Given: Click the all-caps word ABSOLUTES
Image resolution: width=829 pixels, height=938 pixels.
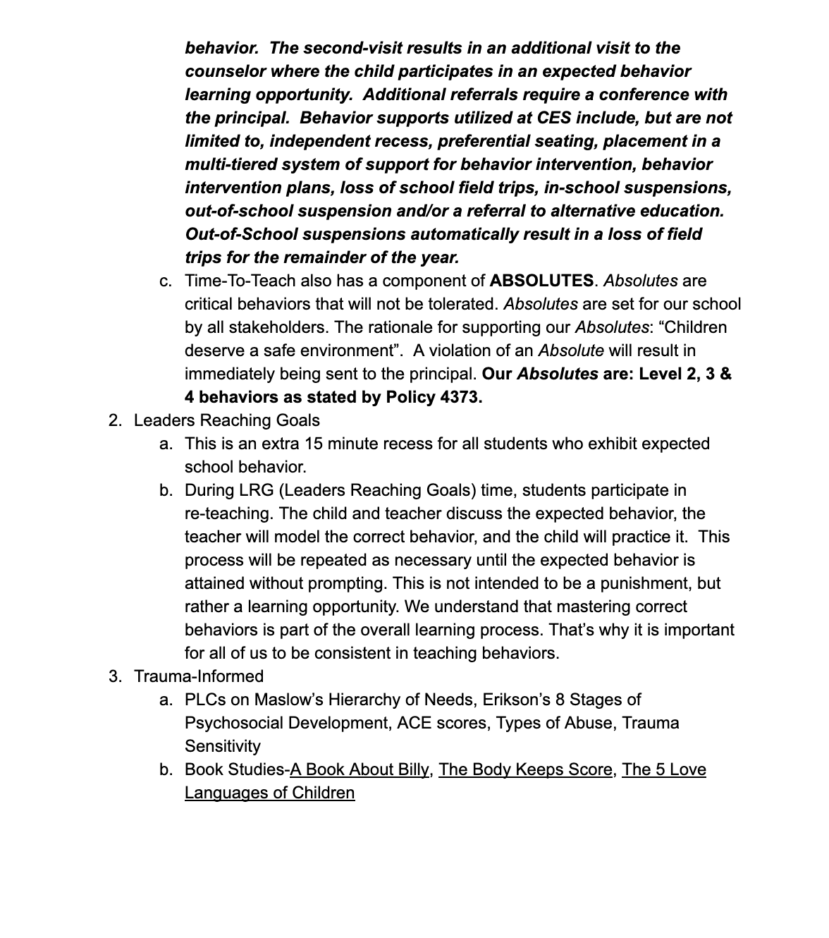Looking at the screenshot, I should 541,281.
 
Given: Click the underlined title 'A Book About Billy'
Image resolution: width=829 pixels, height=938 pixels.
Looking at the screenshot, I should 360,769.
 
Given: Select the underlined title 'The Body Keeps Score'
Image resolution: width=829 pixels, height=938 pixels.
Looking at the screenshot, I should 525,769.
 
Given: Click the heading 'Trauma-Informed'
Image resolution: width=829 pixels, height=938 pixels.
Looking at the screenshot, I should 199,676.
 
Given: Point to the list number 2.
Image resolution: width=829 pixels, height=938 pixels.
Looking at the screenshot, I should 114,420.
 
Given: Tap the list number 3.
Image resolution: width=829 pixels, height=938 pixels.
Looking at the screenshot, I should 114,676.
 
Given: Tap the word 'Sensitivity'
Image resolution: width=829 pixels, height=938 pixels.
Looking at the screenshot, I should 222,746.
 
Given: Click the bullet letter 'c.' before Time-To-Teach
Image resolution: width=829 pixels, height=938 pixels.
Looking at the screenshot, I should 166,281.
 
